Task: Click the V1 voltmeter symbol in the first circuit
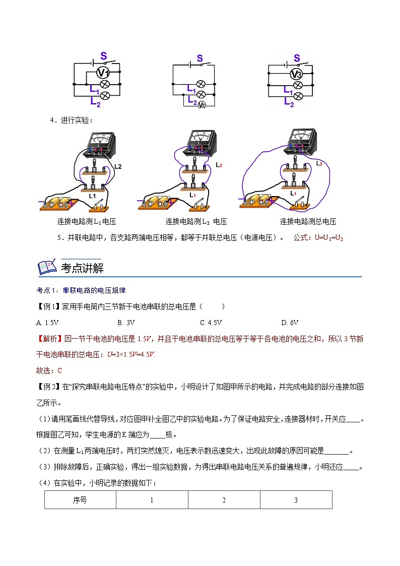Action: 103,73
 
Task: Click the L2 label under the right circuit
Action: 289,102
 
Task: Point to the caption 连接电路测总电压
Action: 308,221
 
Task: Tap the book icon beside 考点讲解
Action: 47,267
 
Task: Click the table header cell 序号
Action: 80,500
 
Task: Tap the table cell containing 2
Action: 224,500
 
